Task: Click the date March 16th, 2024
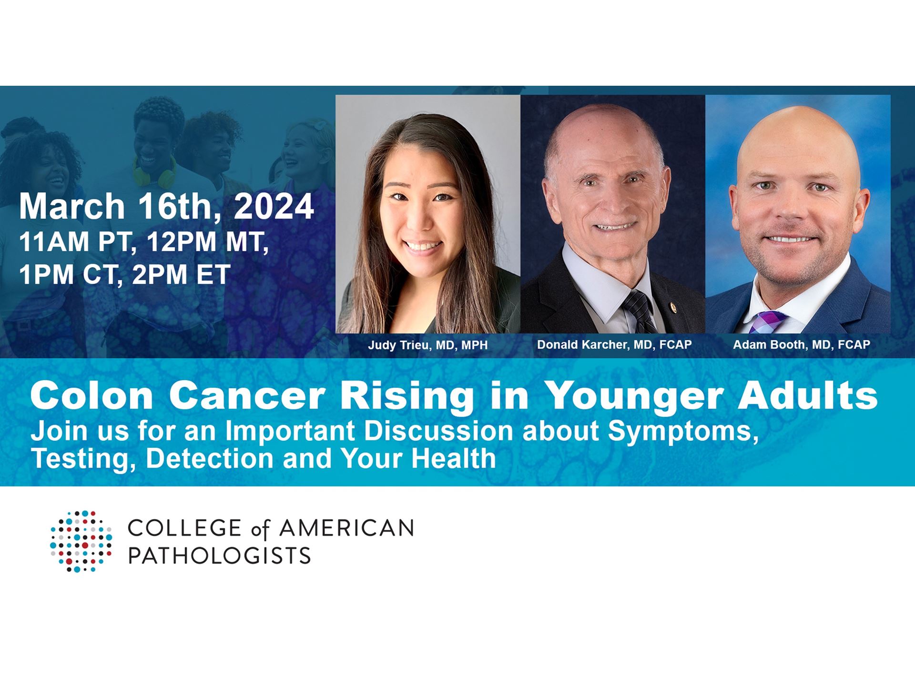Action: pos(166,206)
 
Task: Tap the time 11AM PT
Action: pos(75,242)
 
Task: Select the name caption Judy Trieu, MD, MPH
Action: pos(427,345)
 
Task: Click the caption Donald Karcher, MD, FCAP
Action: pos(614,344)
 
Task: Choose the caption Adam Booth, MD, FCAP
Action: pos(802,344)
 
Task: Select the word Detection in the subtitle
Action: pos(210,458)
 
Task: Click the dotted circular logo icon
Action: pos(81,541)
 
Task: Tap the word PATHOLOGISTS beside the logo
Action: pos(220,555)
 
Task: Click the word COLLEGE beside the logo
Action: pos(185,528)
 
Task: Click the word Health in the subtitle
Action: pos(454,458)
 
